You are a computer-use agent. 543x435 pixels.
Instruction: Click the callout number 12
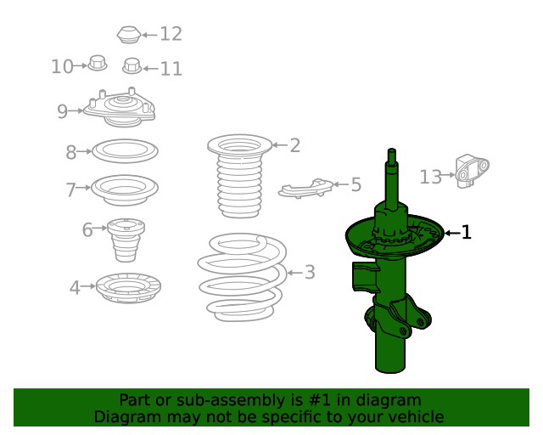(171, 34)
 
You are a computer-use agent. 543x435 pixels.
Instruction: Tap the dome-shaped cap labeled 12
(129, 34)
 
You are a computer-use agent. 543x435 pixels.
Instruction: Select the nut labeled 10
(97, 63)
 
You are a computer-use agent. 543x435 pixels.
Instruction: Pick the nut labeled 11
(132, 66)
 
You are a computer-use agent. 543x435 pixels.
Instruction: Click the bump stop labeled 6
(126, 240)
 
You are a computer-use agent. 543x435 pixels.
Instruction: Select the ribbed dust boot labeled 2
(239, 176)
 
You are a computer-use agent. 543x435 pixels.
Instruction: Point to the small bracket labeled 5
(305, 189)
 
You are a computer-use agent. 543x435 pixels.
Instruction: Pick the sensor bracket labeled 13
(472, 172)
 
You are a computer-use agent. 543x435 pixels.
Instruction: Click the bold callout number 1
(467, 232)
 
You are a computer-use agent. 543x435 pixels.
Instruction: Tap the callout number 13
(431, 177)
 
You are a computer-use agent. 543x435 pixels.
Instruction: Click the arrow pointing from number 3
(295, 273)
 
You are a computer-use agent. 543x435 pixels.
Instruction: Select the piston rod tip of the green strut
(392, 151)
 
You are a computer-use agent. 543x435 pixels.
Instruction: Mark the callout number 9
(62, 111)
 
